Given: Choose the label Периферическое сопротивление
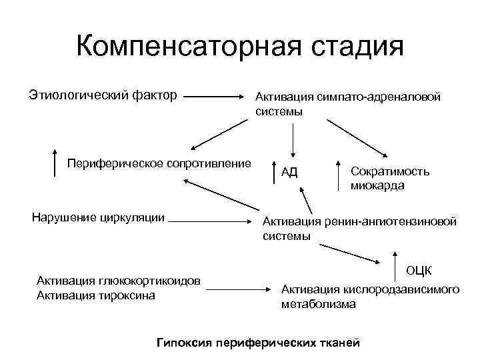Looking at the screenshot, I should pos(159,163).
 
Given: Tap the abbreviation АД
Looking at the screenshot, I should pos(289,173).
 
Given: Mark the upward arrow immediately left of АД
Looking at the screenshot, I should pos(275,171).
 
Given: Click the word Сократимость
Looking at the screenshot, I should pos(390,171).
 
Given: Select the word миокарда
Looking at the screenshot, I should pos(377,186).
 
